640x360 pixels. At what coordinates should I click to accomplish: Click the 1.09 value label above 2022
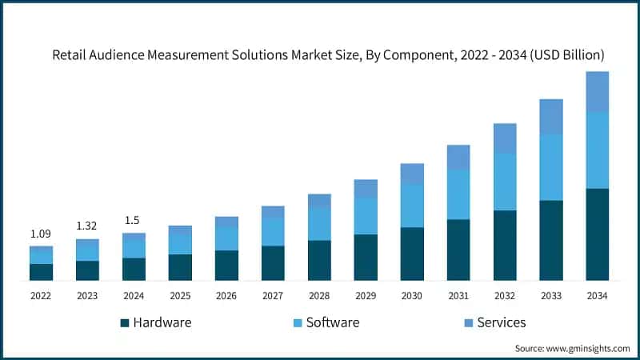click(x=41, y=234)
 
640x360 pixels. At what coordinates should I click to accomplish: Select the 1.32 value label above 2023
click(x=87, y=226)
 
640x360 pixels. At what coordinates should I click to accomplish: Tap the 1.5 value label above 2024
click(x=134, y=221)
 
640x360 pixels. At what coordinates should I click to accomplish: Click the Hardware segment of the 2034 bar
click(x=597, y=234)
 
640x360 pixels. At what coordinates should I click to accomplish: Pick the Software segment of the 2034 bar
click(x=597, y=150)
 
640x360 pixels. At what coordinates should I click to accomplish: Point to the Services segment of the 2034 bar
click(x=597, y=92)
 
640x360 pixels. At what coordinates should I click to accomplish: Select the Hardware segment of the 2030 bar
click(x=412, y=254)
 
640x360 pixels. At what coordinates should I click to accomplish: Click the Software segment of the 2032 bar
click(x=505, y=182)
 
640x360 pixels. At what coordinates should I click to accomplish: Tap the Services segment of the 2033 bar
click(x=550, y=117)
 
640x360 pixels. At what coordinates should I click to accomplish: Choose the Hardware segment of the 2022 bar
click(x=41, y=272)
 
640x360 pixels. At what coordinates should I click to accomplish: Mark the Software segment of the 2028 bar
click(x=319, y=224)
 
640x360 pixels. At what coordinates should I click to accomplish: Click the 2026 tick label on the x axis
click(x=226, y=296)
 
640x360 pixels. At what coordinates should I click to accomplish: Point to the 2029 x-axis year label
click(x=366, y=296)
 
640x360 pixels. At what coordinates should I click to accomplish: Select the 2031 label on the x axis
click(x=458, y=296)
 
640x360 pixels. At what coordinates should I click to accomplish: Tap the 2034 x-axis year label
click(x=597, y=296)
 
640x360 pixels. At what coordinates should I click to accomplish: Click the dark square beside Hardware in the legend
click(x=124, y=323)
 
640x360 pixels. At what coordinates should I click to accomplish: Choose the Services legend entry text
click(x=501, y=322)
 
